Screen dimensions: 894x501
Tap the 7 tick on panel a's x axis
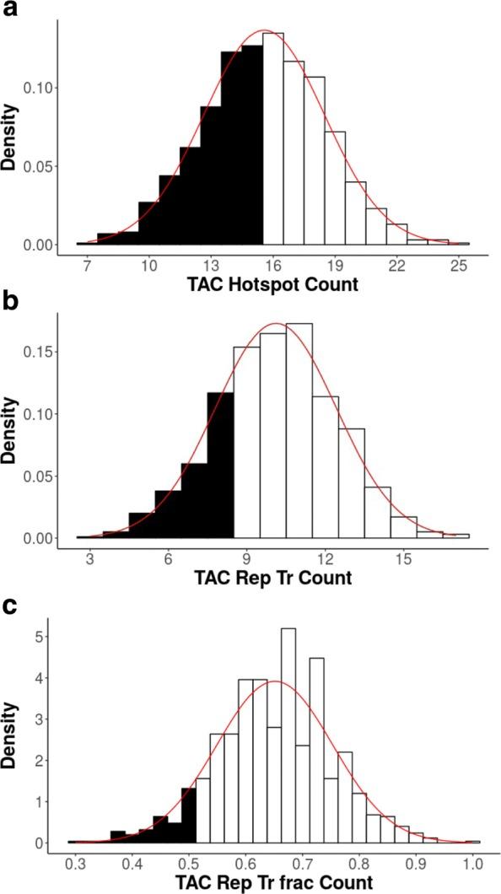coord(88,267)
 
